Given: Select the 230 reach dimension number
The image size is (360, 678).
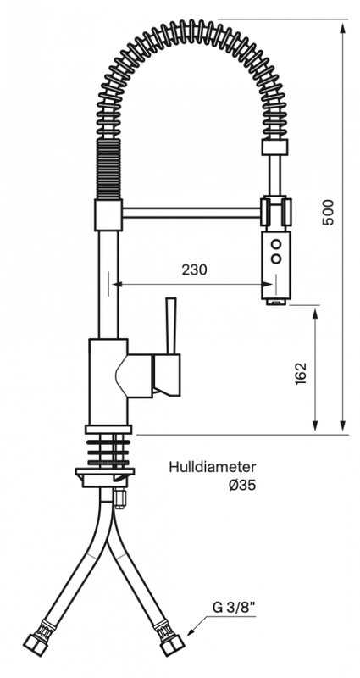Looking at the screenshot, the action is (x=194, y=270).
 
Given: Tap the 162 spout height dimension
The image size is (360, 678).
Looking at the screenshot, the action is (x=301, y=373).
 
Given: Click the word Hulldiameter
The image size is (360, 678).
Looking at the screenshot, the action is (x=213, y=467).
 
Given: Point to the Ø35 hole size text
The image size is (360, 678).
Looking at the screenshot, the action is (x=242, y=486).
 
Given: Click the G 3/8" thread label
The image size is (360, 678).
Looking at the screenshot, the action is (x=234, y=608).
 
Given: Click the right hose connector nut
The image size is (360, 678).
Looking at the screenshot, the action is (x=172, y=644).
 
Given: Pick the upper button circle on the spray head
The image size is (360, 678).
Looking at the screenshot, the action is (x=276, y=243).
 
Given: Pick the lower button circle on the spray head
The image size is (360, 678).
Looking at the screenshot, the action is (x=276, y=259).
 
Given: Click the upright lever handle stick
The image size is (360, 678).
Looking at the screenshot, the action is (x=171, y=325).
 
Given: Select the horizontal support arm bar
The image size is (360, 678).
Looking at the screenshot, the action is (x=191, y=213).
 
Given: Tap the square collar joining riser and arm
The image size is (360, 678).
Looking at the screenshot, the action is (x=108, y=215).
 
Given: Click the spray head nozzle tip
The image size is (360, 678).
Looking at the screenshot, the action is (x=275, y=302).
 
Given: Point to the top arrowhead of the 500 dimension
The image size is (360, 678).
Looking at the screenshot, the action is (x=343, y=28).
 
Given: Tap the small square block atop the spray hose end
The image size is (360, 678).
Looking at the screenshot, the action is (x=274, y=147).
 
